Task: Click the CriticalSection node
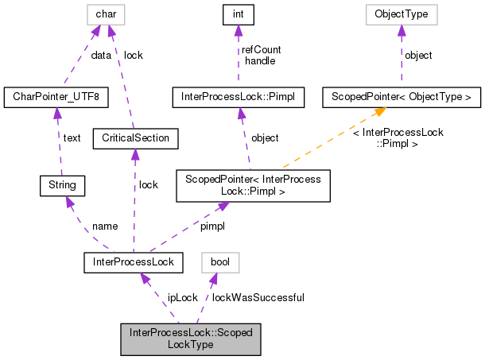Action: click(136, 138)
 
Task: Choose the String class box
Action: click(62, 185)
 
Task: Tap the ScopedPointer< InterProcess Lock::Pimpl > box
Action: click(253, 185)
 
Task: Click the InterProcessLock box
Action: click(134, 261)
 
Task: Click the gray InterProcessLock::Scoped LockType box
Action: click(190, 339)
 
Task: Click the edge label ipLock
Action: click(182, 297)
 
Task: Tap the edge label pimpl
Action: click(212, 226)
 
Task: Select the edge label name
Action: click(105, 226)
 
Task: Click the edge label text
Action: click(72, 137)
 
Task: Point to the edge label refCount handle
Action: click(262, 55)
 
